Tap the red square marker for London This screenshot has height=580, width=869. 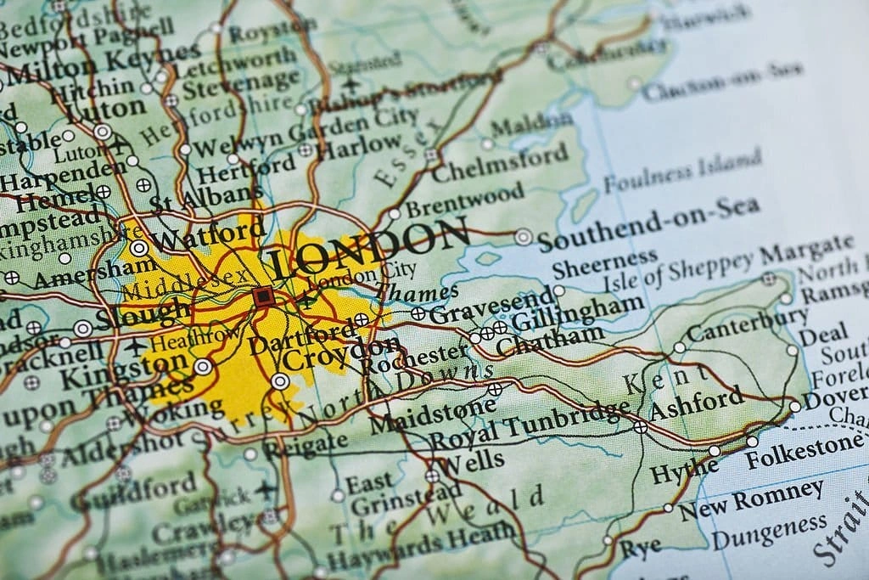click(x=263, y=296)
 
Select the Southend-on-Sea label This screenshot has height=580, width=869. click(x=649, y=223)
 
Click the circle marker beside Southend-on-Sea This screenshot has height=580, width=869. click(x=524, y=237)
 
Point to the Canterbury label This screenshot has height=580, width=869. click(x=748, y=325)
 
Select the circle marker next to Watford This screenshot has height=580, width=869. click(x=137, y=247)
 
